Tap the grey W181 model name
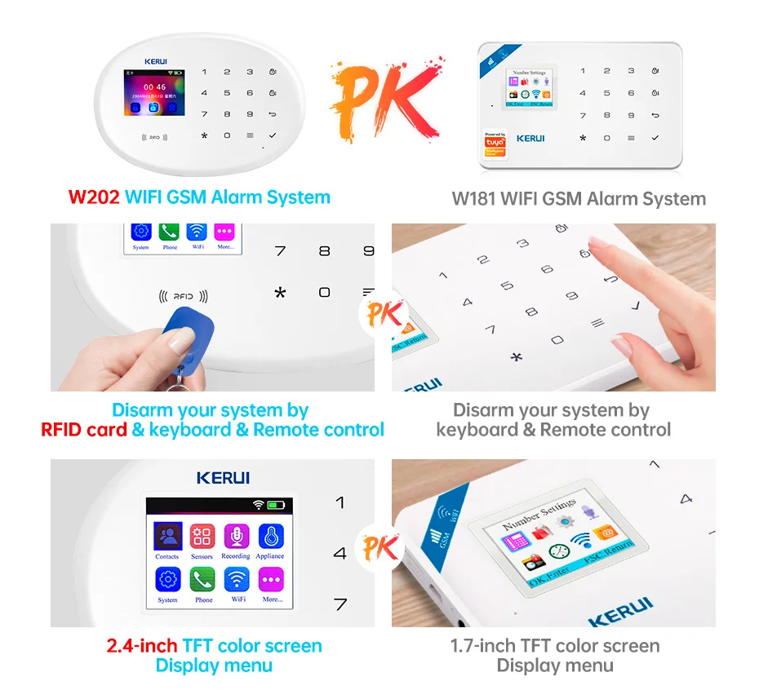click(473, 199)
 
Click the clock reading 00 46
click(154, 87)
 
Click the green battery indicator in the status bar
click(277, 506)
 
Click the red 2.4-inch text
click(142, 646)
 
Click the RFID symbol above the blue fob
click(184, 297)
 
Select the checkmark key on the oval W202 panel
click(273, 135)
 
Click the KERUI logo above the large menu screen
click(223, 478)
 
